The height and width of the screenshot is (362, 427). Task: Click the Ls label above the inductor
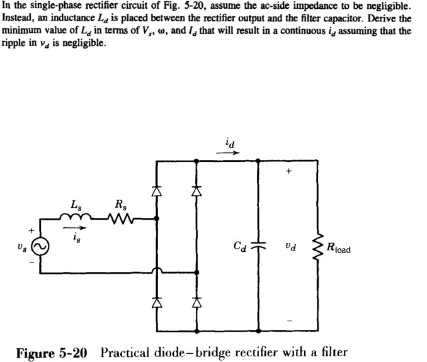pos(76,204)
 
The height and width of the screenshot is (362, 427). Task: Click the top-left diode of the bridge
pos(157,188)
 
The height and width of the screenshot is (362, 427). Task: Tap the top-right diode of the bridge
pos(196,188)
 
